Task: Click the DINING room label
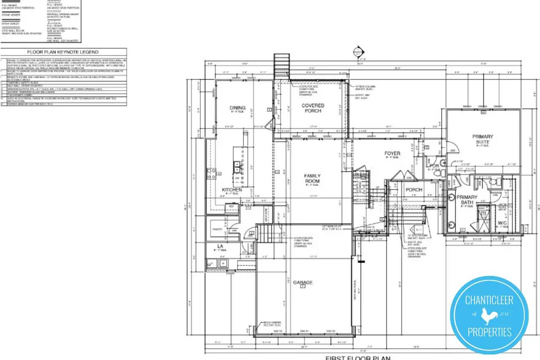tap(238, 108)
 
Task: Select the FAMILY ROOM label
tap(313, 179)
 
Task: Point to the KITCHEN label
tap(232, 190)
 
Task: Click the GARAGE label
tap(303, 282)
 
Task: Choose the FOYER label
tap(392, 154)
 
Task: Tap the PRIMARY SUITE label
tap(483, 139)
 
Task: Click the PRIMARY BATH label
tap(467, 200)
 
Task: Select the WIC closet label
tap(502, 222)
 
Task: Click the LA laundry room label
tap(220, 246)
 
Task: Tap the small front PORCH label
tap(414, 190)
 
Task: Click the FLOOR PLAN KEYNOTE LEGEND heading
tap(63, 52)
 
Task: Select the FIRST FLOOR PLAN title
tap(358, 358)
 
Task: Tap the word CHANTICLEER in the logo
tap(489, 300)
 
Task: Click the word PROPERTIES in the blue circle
tap(489, 332)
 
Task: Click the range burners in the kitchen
tap(210, 174)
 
